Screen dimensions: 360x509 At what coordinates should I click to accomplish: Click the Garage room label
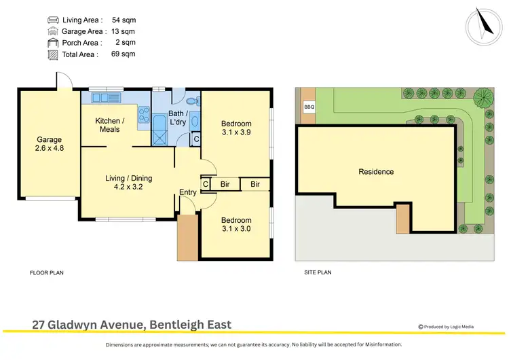click(48, 141)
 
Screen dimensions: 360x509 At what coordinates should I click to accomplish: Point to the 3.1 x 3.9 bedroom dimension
click(235, 132)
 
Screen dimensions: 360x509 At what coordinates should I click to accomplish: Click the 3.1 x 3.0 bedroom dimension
click(235, 229)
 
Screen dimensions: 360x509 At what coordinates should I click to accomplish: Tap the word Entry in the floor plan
click(188, 192)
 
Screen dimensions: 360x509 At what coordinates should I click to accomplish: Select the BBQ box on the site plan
click(309, 107)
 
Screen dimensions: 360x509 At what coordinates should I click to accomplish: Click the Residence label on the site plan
click(376, 172)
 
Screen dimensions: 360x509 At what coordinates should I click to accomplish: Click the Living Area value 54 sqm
click(124, 20)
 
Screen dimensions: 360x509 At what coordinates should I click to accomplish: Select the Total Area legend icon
click(53, 54)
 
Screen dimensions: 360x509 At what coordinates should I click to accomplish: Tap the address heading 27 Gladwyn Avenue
click(132, 325)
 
